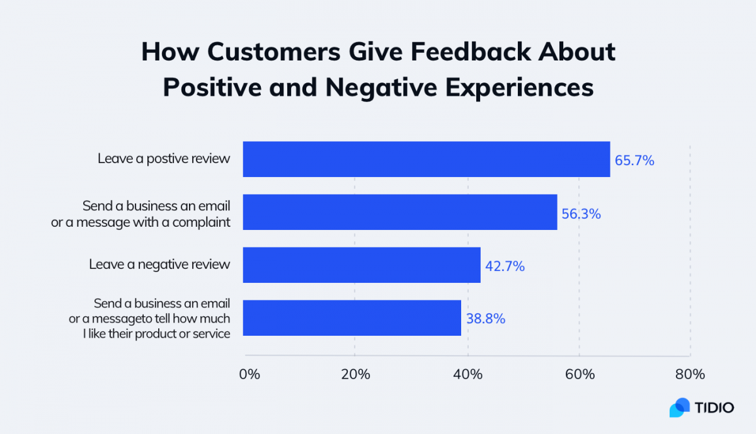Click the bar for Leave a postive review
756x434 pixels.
tap(426, 159)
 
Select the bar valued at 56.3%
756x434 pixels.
tap(399, 212)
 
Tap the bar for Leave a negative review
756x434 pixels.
tap(361, 265)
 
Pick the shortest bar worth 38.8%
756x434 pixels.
tap(352, 317)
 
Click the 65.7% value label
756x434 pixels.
tap(634, 161)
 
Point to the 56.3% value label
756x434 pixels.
tap(581, 214)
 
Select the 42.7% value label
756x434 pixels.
tap(505, 266)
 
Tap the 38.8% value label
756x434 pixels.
tap(485, 319)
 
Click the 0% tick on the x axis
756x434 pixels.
tap(249, 374)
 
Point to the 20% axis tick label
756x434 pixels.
tap(355, 374)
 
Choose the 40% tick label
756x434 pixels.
tap(468, 374)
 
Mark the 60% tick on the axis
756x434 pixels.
tap(580, 374)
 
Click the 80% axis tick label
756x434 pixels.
tap(690, 374)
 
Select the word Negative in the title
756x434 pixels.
tap(376, 88)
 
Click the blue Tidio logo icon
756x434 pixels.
tap(679, 408)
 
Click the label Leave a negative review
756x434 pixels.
tap(159, 265)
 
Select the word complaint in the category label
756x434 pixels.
tap(200, 222)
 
